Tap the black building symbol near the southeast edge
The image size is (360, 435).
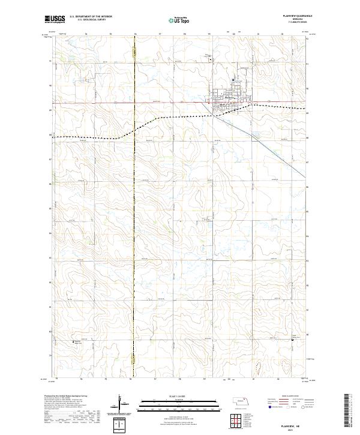coord(291,338)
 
